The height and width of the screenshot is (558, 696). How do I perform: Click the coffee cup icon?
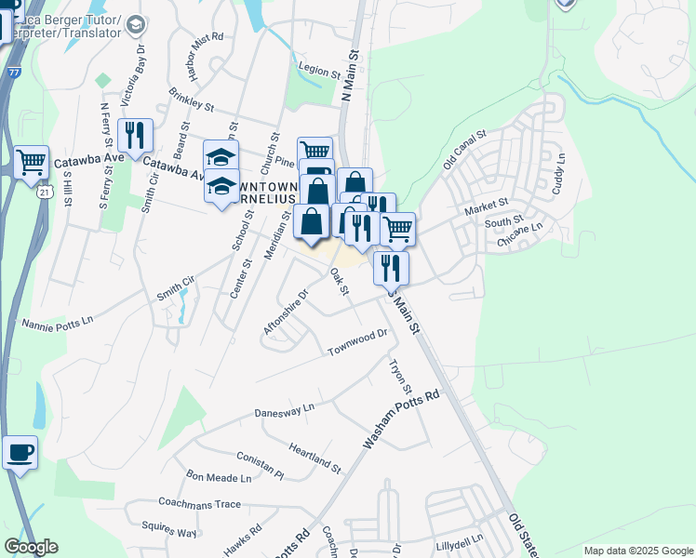coord(20,453)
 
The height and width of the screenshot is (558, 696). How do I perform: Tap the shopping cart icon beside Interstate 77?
coord(32,162)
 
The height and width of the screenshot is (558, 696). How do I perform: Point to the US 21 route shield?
coord(45,192)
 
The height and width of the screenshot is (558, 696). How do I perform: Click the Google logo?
coord(31,547)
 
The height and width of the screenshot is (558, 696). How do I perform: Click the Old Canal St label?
coord(465,149)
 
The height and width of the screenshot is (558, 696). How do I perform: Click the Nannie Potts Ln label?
coord(58,322)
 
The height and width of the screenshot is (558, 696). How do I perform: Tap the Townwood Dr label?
coord(356,342)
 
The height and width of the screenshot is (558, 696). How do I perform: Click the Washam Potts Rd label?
coord(401,420)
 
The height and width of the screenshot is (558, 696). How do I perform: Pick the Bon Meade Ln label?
coord(220,478)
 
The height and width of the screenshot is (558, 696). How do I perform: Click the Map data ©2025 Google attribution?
coord(638,551)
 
